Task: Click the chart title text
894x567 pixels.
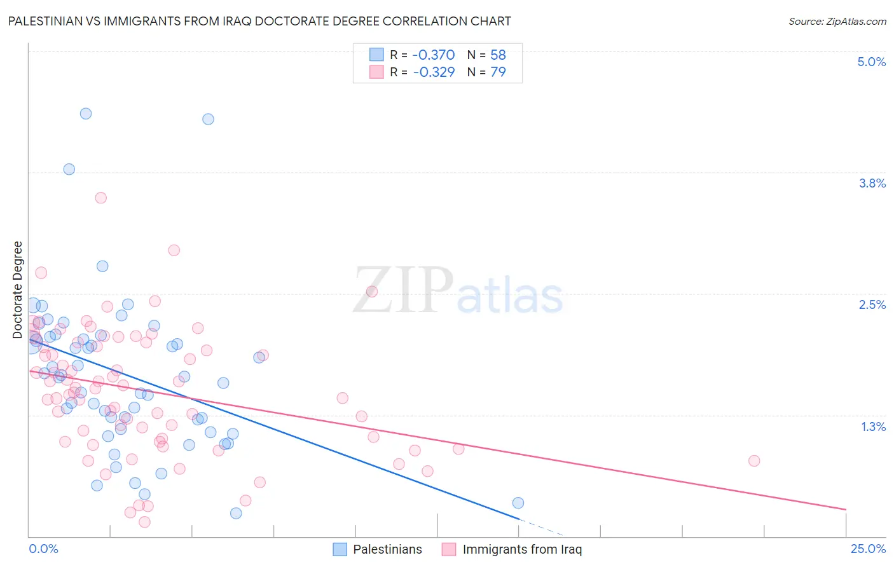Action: pos(259,21)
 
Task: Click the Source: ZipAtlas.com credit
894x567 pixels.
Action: pos(837,21)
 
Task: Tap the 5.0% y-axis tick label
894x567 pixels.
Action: pos(871,62)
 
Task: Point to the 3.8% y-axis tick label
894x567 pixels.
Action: pos(872,183)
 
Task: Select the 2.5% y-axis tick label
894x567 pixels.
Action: pos(872,304)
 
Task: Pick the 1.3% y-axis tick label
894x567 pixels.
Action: pos(873,427)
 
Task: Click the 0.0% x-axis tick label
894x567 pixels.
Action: pos(43,549)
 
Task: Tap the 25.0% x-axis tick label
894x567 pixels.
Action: pos(868,549)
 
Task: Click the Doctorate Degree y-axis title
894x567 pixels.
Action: pos(18,290)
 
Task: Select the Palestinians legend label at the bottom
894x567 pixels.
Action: pos(387,549)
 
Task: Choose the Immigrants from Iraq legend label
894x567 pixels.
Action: pos(522,549)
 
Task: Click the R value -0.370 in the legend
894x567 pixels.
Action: pos(434,55)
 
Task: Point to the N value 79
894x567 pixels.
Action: pos(498,72)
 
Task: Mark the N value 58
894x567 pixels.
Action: pos(498,55)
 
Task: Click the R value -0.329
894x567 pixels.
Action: pos(434,72)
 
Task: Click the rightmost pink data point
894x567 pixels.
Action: pos(754,461)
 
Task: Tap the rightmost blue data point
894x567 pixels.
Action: pos(518,503)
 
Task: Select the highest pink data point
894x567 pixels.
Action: pos(100,198)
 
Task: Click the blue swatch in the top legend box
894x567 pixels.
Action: pos(376,55)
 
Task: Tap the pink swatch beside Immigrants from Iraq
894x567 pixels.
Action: pos(449,549)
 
